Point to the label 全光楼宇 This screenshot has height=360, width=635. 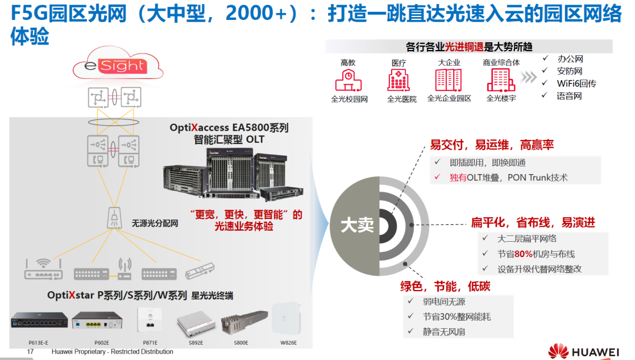coord(501,99)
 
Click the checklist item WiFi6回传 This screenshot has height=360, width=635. coord(576,84)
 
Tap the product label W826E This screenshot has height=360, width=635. coord(288,342)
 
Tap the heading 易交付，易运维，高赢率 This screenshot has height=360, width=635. coord(492,145)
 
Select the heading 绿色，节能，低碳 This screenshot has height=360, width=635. coord(445,287)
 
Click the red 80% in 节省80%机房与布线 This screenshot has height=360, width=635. coord(523,254)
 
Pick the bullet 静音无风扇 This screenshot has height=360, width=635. coord(444,332)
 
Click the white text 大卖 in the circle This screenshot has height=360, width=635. coord(357,225)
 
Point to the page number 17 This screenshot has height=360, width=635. coord(31,352)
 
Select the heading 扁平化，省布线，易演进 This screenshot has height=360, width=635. coord(533,222)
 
